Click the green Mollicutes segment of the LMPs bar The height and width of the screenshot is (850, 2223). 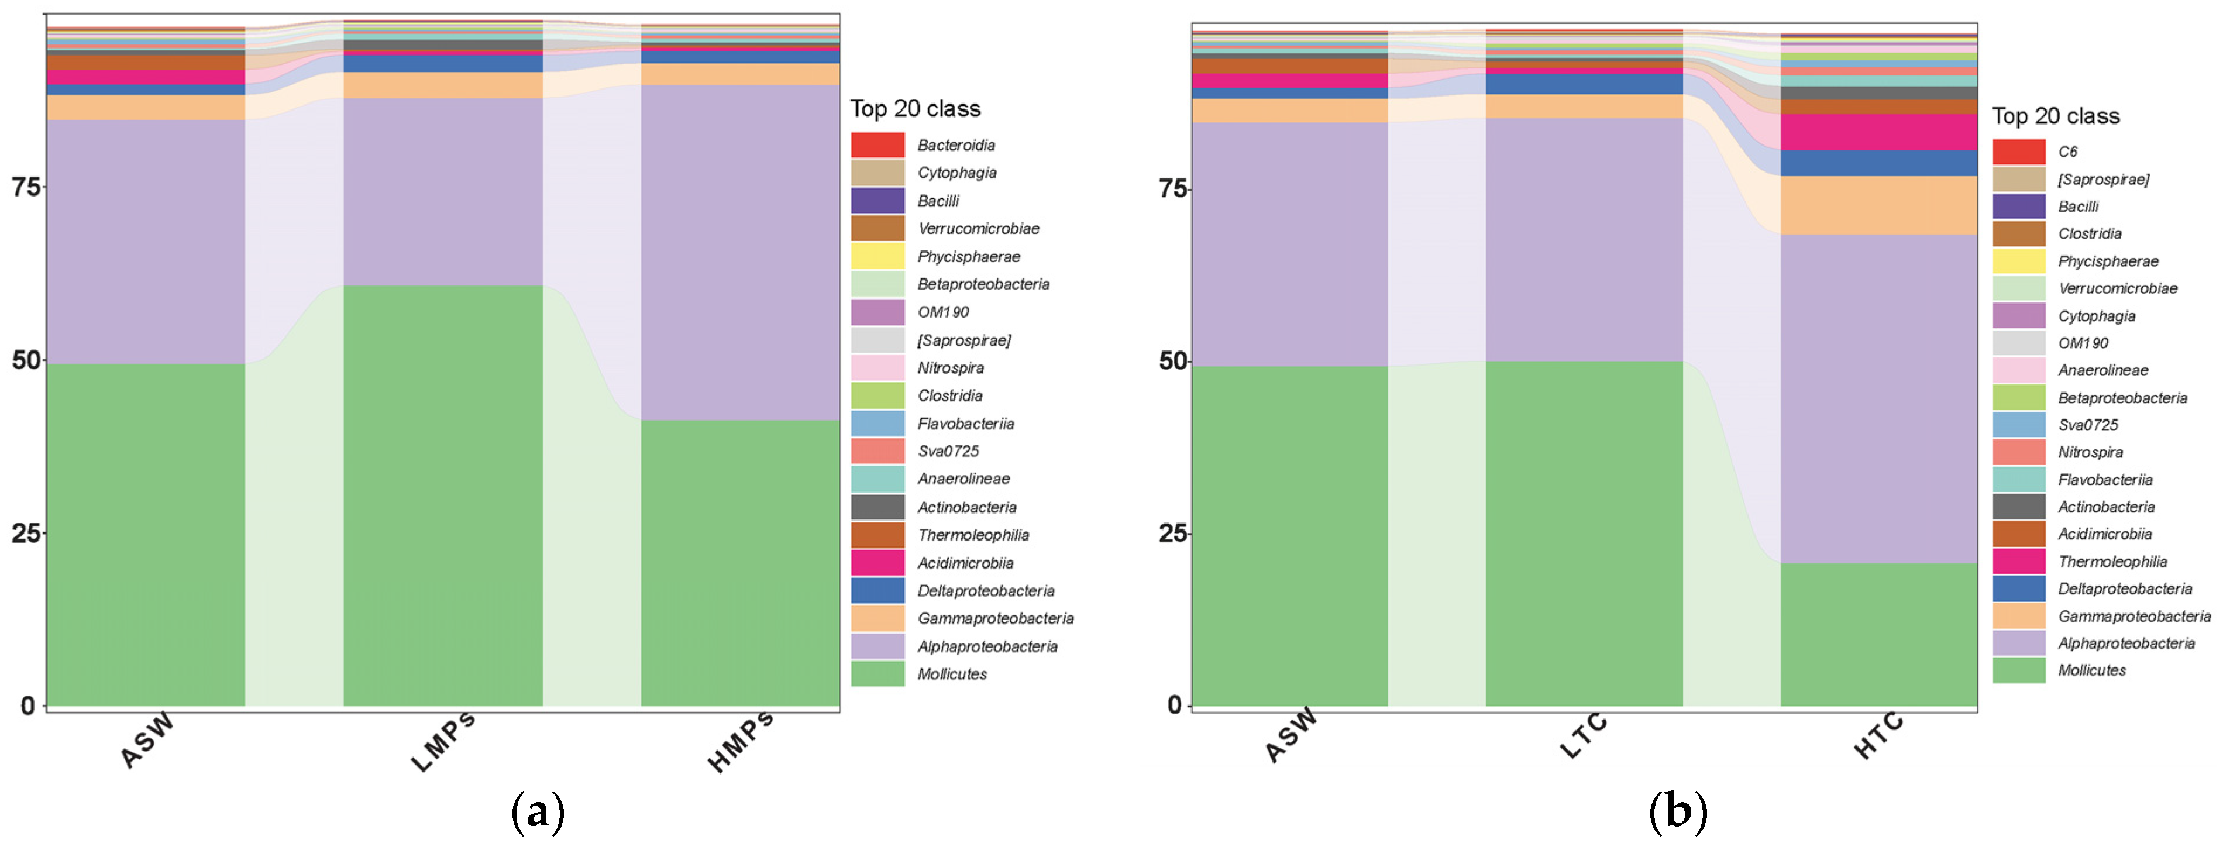tap(443, 496)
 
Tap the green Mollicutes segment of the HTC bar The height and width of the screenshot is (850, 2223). tap(1878, 634)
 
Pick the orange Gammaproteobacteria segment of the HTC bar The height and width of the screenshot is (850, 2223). tap(1878, 205)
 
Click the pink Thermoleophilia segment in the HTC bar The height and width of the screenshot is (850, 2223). tap(1878, 132)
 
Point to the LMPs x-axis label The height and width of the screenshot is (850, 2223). tap(443, 742)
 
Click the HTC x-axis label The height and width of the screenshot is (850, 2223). tap(1878, 735)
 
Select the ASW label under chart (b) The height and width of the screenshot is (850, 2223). tap(1291, 735)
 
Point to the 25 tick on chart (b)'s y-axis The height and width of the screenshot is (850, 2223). tap(1174, 534)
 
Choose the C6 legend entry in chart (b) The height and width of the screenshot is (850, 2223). tap(2067, 152)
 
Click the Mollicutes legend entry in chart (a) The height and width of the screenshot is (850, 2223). tap(952, 674)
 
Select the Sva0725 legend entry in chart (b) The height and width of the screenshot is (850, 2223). tap(2087, 425)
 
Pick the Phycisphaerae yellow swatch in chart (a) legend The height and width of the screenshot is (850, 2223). tap(877, 256)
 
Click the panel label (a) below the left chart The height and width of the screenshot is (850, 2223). tap(538, 812)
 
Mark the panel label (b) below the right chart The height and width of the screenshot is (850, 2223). tap(1678, 812)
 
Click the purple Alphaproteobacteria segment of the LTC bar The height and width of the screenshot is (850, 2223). tap(1584, 239)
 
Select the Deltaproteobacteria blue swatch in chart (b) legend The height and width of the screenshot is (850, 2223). tap(2018, 589)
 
